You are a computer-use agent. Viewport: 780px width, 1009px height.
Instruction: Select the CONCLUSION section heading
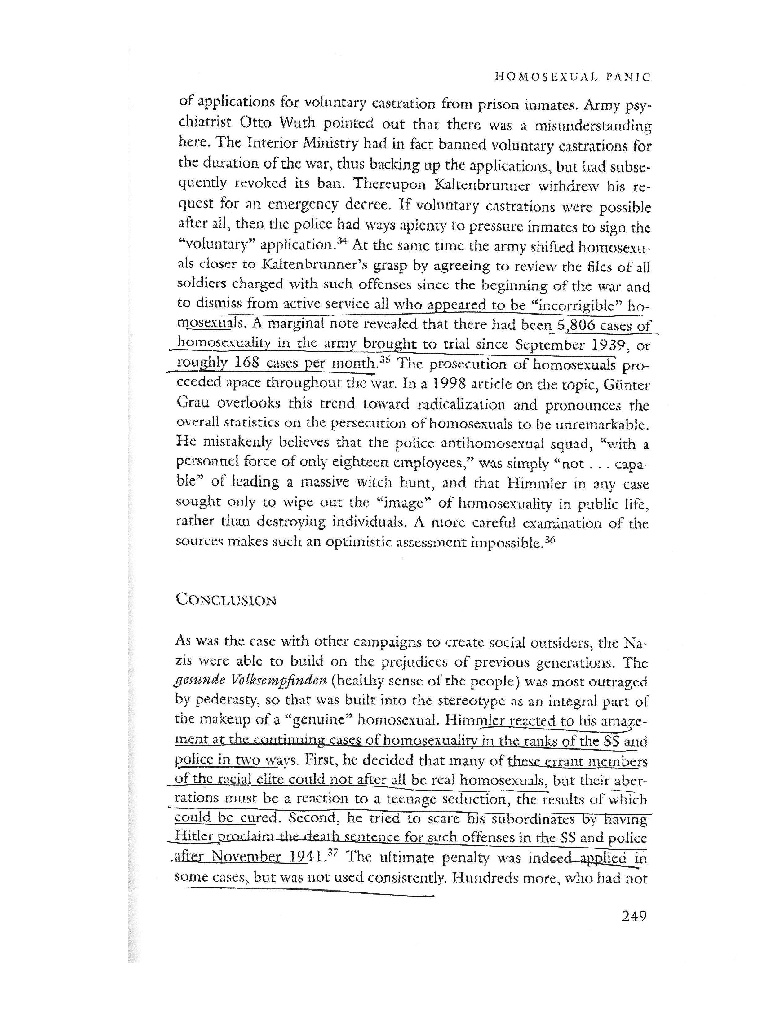(x=226, y=600)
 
